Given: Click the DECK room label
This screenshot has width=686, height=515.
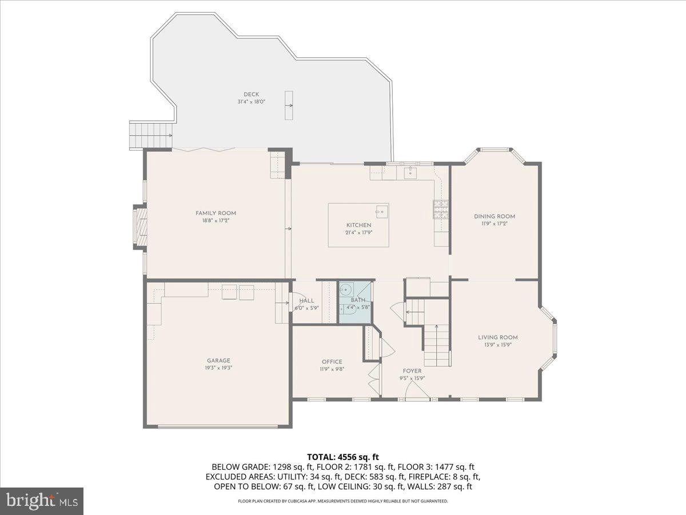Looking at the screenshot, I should (251, 94).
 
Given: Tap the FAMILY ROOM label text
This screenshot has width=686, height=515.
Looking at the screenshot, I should (216, 213).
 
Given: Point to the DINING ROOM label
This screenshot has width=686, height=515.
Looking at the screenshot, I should (494, 216).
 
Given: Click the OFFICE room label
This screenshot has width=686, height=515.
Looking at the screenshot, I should (332, 362).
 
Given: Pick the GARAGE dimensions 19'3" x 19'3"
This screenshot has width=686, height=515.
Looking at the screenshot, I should (218, 368).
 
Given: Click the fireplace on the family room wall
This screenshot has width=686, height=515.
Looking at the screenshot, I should (139, 227).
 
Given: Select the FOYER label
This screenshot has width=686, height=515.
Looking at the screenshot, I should (412, 371).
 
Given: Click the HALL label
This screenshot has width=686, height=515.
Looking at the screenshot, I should (306, 300).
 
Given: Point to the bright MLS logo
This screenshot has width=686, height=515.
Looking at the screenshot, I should (42, 501).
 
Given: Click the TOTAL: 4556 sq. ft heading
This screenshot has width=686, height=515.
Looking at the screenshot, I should (343, 457).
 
